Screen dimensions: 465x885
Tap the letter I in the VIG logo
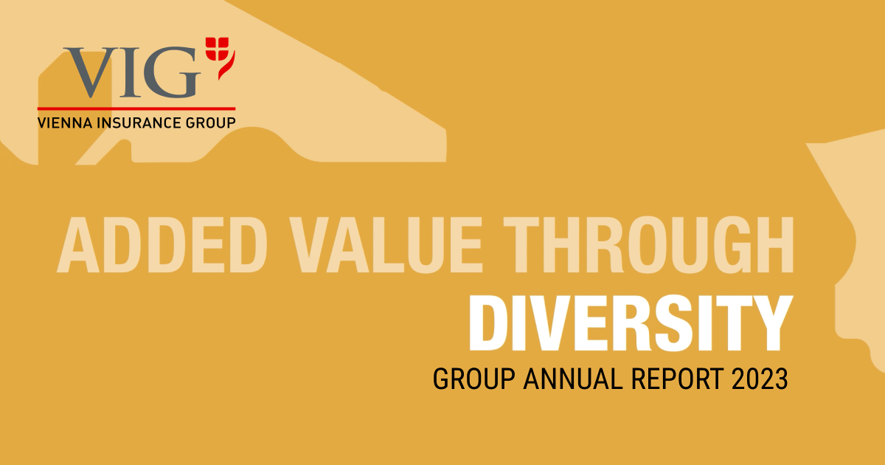(131, 72)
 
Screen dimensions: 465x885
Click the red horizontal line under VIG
(136, 108)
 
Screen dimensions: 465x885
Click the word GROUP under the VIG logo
(211, 122)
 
